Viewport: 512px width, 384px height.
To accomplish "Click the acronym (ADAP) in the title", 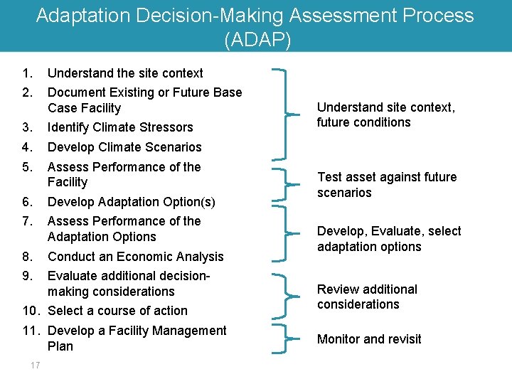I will pyautogui.click(x=257, y=40).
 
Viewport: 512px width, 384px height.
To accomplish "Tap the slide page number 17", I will pyautogui.click(x=36, y=366).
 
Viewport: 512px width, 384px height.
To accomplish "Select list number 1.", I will pyautogui.click(x=26, y=73).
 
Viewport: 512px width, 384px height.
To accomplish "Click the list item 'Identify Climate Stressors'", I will pyautogui.click(x=120, y=127).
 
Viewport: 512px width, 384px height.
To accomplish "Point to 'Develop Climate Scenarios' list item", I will pyautogui.click(x=124, y=147).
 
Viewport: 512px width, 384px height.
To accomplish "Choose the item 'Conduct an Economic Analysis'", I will pyautogui.click(x=135, y=257).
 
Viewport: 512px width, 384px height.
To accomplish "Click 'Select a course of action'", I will pyautogui.click(x=117, y=311).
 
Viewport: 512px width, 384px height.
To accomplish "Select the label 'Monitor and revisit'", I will pyautogui.click(x=369, y=339).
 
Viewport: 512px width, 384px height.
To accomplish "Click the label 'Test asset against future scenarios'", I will pyautogui.click(x=387, y=185).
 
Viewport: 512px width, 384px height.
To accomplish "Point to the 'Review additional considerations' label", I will pyautogui.click(x=367, y=297).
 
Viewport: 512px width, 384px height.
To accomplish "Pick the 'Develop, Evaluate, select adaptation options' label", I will pyautogui.click(x=389, y=239).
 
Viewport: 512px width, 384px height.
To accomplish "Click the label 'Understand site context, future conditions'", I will pyautogui.click(x=385, y=114).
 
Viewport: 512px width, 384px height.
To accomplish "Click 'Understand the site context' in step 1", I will pyautogui.click(x=125, y=73).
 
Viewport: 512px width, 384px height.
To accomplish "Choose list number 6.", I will pyautogui.click(x=26, y=201).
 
